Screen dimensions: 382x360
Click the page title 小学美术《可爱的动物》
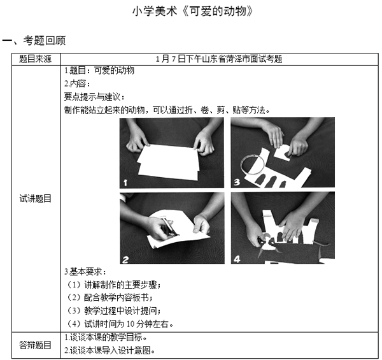tap(193, 11)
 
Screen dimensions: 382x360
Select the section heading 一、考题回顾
tap(34, 41)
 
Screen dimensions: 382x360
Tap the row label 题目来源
tap(36, 59)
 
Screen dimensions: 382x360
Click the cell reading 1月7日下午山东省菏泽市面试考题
tap(219, 59)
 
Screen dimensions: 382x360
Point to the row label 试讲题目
tap(36, 199)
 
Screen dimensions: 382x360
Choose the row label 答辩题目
tap(36, 345)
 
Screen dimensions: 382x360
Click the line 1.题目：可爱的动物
tap(99, 71)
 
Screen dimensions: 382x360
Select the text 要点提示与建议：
tap(94, 97)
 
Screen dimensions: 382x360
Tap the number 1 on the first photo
tap(125, 182)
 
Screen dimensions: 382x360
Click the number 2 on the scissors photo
tap(125, 259)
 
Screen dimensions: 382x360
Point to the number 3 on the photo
tap(237, 182)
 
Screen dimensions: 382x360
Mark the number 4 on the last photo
tap(237, 259)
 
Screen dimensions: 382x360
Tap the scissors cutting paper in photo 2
tap(168, 228)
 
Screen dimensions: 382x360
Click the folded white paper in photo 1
tap(168, 162)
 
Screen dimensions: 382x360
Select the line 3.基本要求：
tap(85, 272)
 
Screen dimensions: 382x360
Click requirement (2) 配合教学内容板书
tap(110, 298)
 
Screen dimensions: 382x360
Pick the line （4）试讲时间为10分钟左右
tap(120, 324)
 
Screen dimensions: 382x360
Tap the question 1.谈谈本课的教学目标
tap(106, 337)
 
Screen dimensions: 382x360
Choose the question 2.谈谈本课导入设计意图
tap(110, 350)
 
